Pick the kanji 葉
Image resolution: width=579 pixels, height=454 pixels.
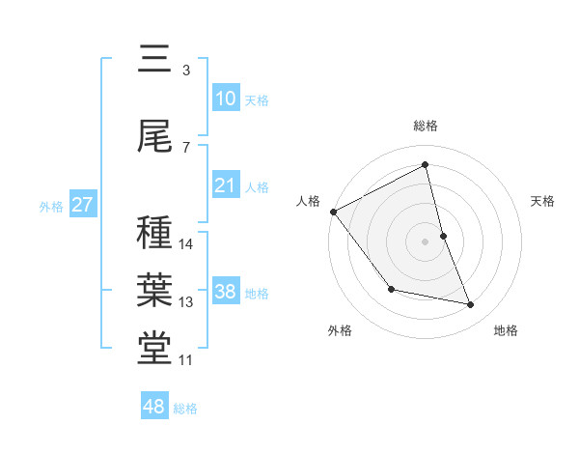(x=154, y=289)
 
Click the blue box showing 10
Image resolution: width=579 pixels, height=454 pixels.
(x=225, y=99)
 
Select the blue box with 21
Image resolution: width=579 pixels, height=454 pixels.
(x=225, y=185)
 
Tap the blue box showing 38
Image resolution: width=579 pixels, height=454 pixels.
(x=225, y=292)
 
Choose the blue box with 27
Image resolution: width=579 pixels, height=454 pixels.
(x=82, y=205)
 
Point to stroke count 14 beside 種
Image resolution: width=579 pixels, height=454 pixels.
(x=186, y=244)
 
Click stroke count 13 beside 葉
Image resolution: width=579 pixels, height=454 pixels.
(x=186, y=302)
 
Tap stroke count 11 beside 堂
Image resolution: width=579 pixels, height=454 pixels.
(x=186, y=360)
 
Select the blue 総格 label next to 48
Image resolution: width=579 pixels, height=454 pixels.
(x=185, y=409)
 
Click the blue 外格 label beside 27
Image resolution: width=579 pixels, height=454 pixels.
(x=50, y=206)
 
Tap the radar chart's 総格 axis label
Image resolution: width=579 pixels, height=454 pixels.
(x=426, y=126)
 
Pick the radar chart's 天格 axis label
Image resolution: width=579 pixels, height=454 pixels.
(x=543, y=201)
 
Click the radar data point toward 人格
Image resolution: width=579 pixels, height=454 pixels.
(x=333, y=212)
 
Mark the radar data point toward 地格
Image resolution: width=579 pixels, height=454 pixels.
(x=471, y=305)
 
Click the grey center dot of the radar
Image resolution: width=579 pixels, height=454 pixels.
(x=426, y=241)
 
